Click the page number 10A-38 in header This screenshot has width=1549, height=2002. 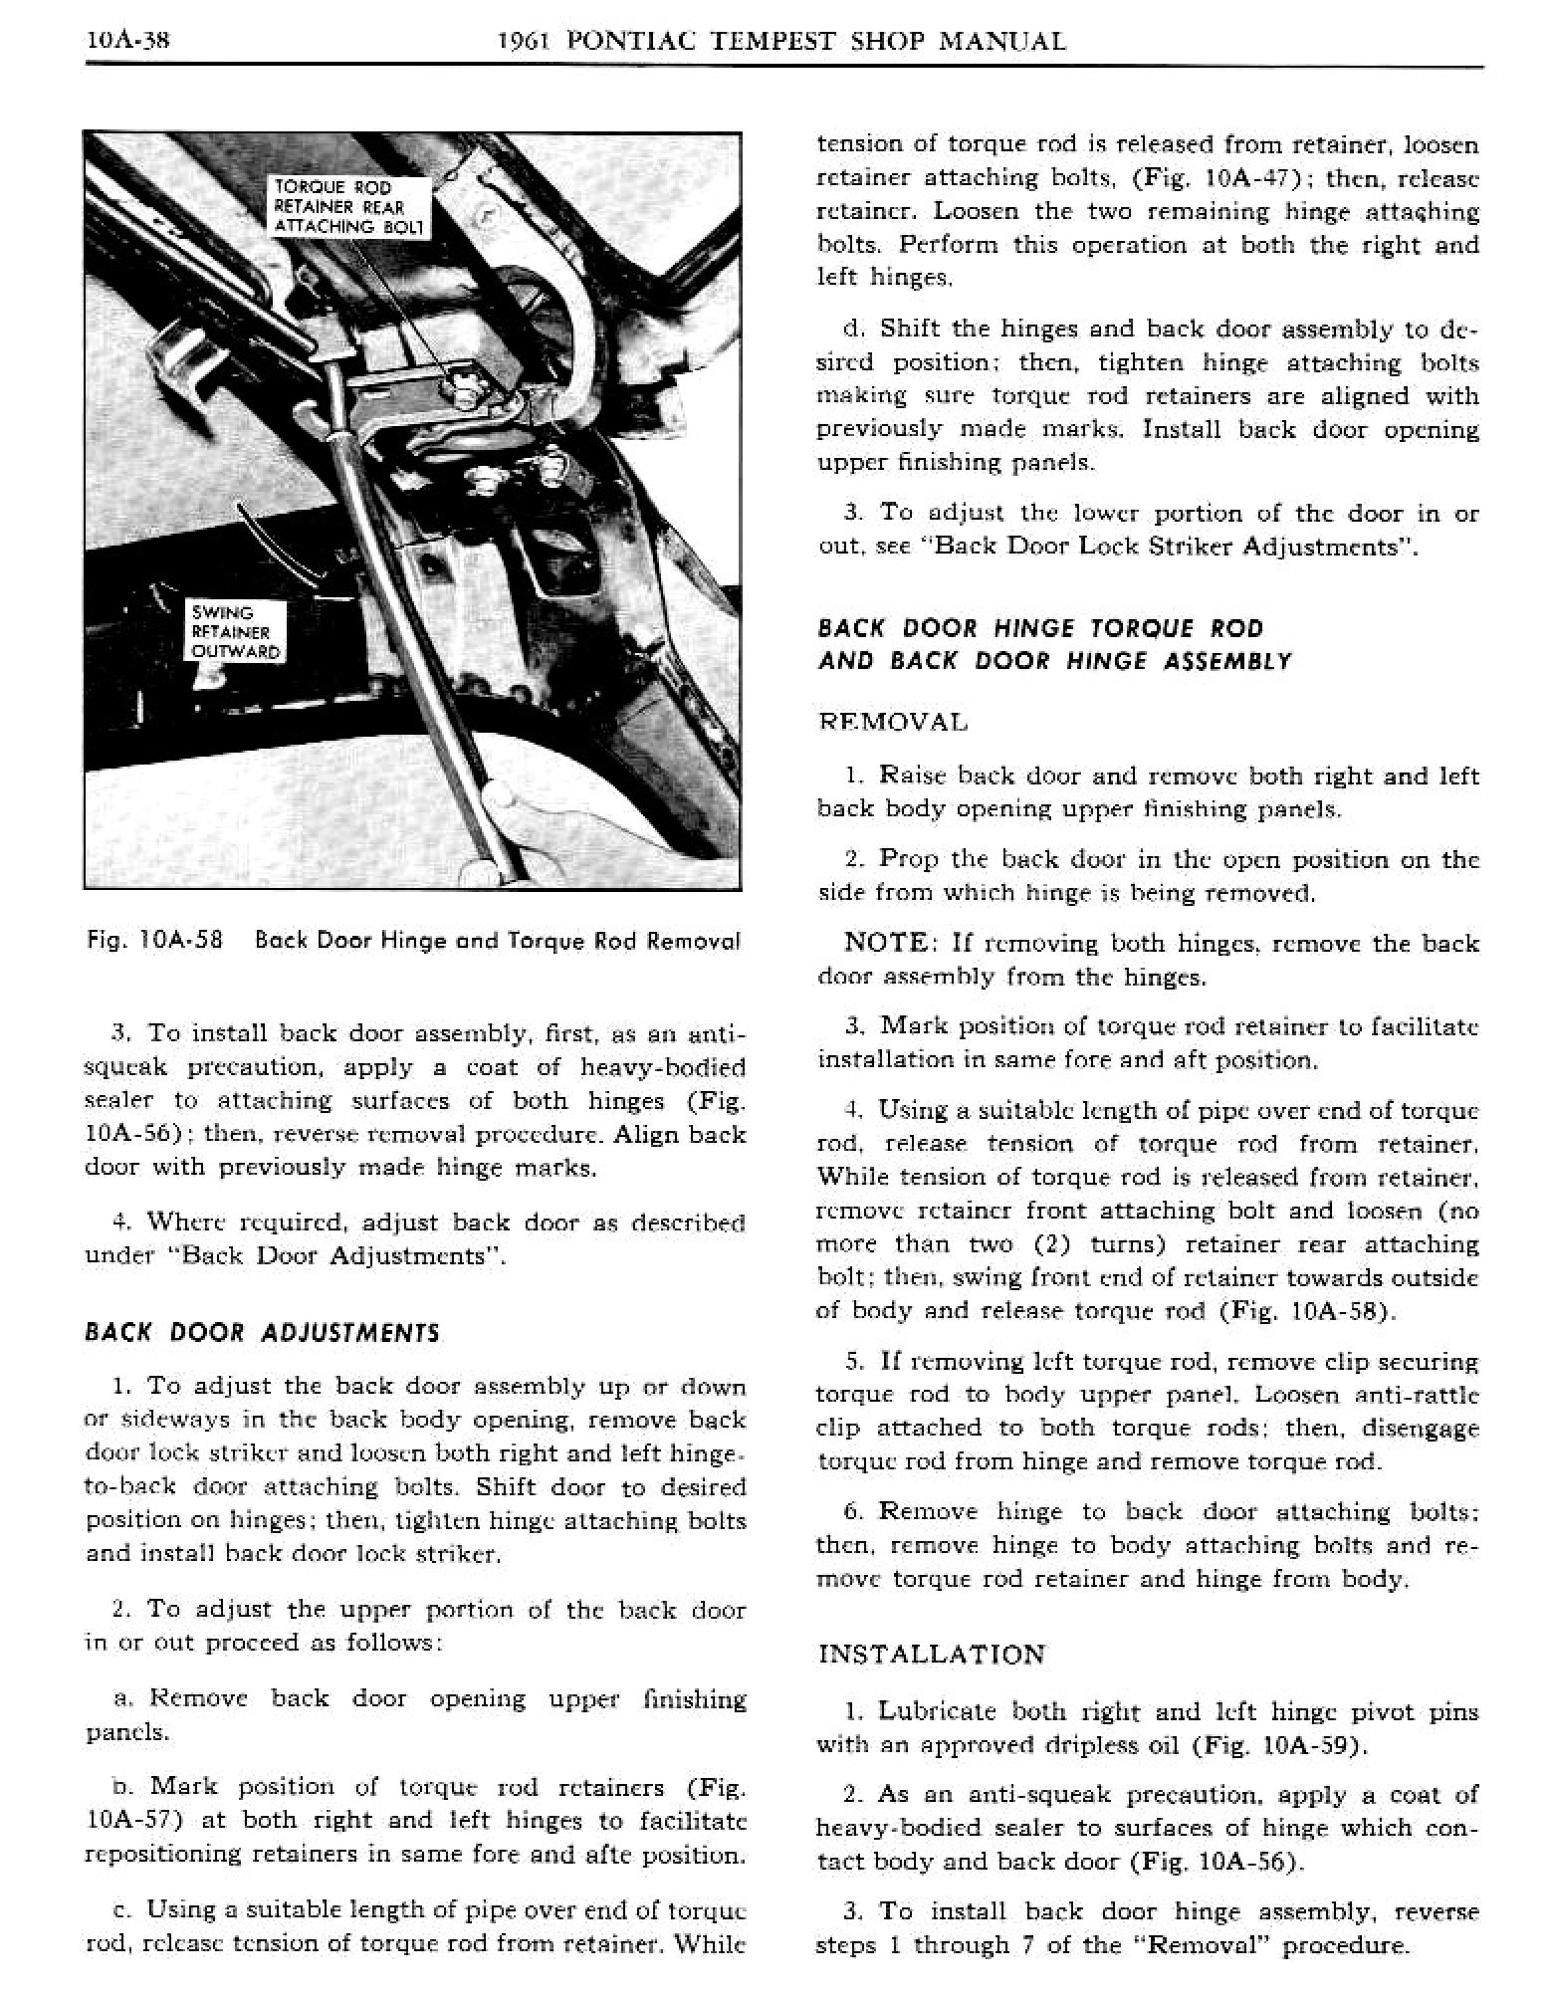(129, 41)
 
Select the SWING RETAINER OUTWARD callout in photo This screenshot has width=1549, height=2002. (235, 632)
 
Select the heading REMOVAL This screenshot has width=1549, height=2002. (893, 722)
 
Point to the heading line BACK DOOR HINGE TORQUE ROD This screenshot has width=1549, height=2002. (1040, 628)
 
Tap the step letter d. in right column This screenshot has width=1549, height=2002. (851, 329)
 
